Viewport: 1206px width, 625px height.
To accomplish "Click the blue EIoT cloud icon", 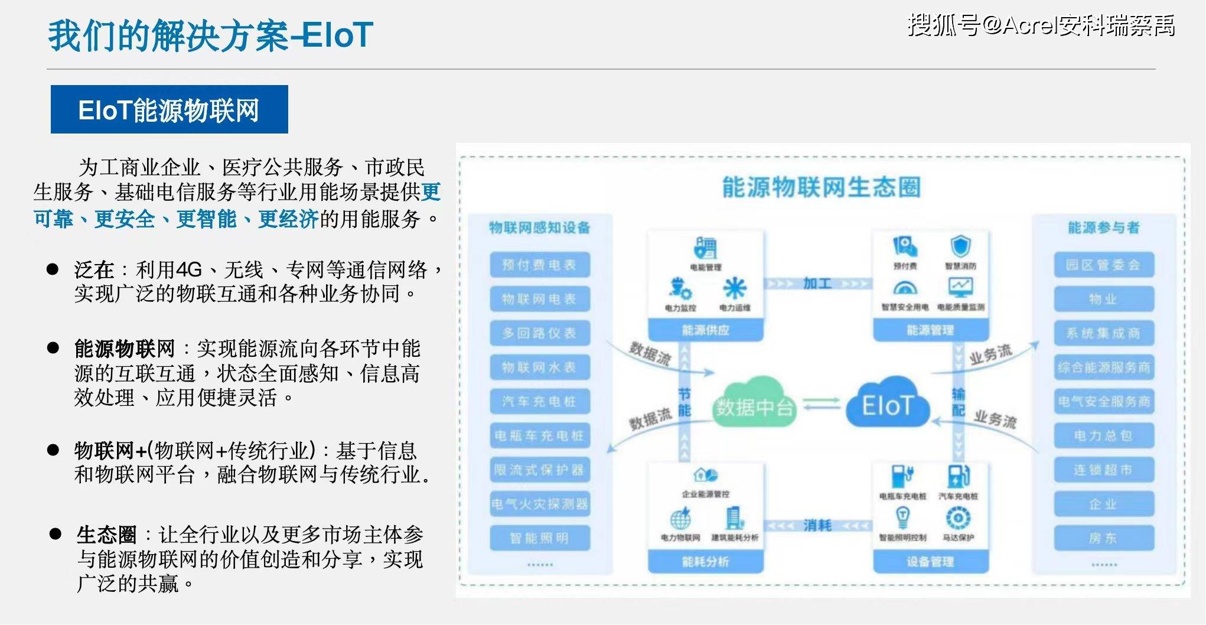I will pos(887,404).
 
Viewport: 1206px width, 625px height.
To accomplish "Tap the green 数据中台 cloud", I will pos(754,405).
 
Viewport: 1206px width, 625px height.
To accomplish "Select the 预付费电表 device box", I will pos(539,265).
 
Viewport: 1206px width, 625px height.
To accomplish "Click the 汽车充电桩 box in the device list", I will pos(539,402).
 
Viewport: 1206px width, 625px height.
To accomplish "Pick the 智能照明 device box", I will pos(539,538).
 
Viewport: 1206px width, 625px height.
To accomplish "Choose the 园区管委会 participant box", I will pos(1103,265).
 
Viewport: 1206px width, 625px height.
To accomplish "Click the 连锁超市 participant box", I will pos(1103,470).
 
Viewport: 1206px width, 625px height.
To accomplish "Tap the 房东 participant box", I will pos(1103,538).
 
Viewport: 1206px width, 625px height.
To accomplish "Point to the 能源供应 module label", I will pos(705,330).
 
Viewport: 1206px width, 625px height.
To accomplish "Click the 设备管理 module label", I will pos(930,561).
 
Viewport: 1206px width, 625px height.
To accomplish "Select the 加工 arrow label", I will pos(817,284).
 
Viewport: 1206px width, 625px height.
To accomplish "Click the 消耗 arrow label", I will pos(817,525).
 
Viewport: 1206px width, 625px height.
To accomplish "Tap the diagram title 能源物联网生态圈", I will pos(821,187).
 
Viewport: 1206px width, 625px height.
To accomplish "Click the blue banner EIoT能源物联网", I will pos(169,110).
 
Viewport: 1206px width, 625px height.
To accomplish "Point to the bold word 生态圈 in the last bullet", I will pos(106,535).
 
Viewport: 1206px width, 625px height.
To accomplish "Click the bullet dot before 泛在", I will pos(53,269).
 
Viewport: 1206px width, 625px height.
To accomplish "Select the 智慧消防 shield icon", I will pos(960,246).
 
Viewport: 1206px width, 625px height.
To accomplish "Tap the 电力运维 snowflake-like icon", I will pos(735,288).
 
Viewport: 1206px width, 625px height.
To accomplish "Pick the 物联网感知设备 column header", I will pos(539,227).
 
